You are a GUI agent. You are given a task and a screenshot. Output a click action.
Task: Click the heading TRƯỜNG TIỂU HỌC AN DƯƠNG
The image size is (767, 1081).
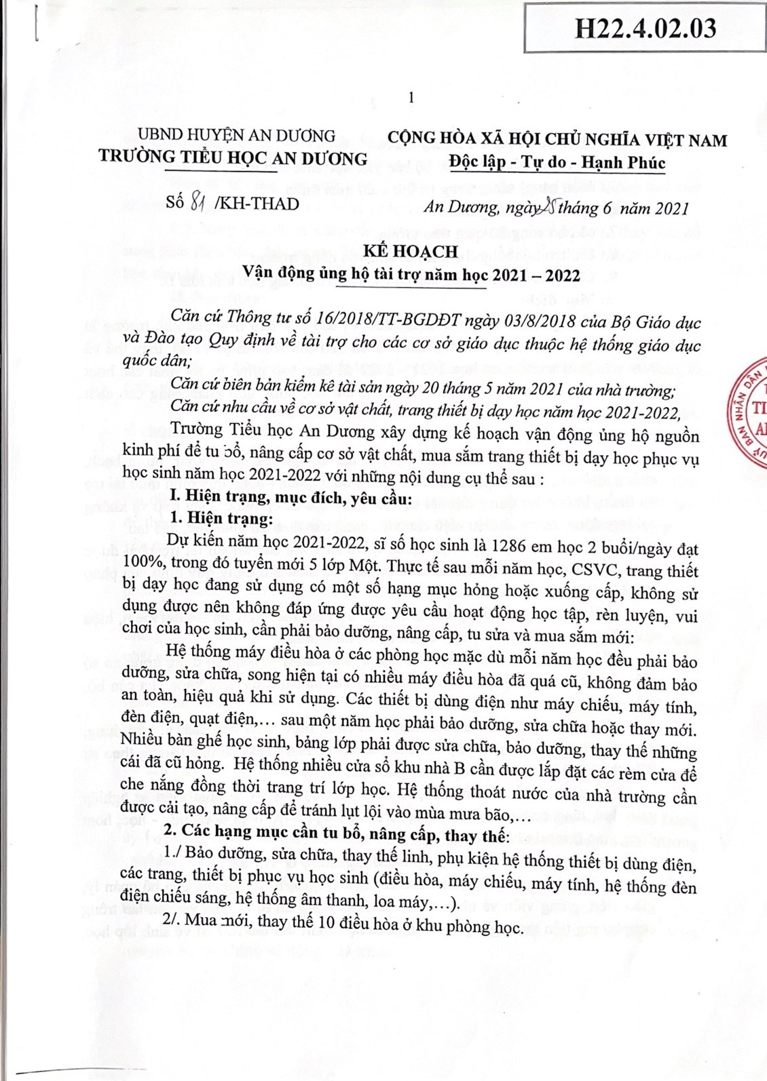[233, 159]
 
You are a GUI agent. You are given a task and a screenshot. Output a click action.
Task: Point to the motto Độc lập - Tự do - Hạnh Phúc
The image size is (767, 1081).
[557, 163]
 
